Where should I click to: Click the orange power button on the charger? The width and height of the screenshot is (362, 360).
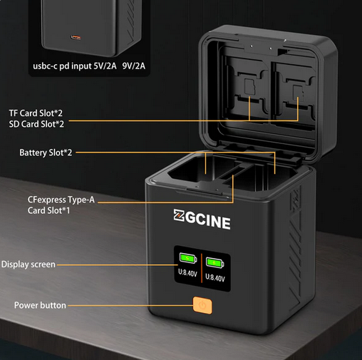[x=202, y=305]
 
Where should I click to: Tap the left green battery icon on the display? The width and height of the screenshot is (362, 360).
[x=188, y=258]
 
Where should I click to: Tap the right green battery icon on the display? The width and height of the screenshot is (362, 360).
[x=214, y=262]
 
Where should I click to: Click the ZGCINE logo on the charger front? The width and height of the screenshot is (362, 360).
[x=202, y=219]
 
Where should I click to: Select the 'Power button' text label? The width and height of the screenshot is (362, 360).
[x=40, y=305]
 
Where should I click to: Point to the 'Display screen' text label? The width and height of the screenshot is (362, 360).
[x=29, y=264]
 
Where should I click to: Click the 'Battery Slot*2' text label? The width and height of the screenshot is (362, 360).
[x=46, y=153]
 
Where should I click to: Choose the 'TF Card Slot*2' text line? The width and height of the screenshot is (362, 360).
[x=36, y=113]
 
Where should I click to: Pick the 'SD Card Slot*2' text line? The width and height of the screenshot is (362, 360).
[x=36, y=124]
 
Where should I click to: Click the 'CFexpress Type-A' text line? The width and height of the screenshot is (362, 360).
[x=61, y=200]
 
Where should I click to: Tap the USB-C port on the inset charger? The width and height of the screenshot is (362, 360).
[x=76, y=37]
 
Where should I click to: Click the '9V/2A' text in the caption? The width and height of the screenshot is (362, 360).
[x=134, y=66]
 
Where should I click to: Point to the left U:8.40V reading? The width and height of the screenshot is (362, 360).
[x=187, y=273]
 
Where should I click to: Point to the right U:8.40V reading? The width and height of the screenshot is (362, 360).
[x=215, y=277]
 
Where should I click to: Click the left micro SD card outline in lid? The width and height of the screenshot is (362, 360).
[x=249, y=87]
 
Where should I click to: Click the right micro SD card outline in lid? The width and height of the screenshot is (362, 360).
[x=299, y=91]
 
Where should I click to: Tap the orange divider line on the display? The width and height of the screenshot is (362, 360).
[x=202, y=268]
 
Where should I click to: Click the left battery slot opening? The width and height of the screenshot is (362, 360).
[x=202, y=170]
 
